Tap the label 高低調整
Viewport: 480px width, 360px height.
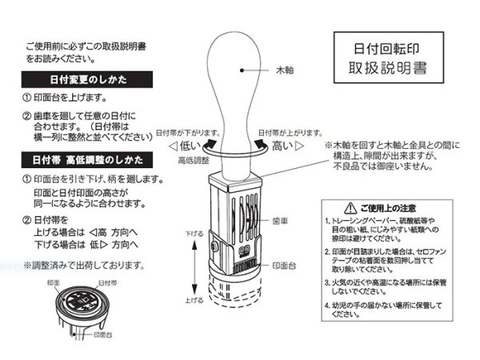[194, 160]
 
